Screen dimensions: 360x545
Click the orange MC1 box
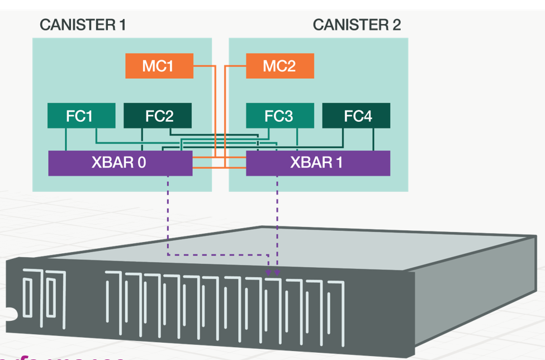[x=159, y=66]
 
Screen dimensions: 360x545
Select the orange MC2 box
[x=279, y=66]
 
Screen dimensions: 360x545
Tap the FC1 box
[x=82, y=116]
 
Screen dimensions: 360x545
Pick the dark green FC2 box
[x=157, y=116]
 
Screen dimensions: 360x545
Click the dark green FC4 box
[x=356, y=116]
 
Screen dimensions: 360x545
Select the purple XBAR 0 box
[x=120, y=163]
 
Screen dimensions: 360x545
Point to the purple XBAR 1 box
[x=318, y=163]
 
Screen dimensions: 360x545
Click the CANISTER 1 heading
[x=83, y=25]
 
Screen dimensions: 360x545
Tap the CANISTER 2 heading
[x=357, y=25]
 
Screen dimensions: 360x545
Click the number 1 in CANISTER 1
[x=122, y=25]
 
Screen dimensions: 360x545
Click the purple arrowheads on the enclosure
[x=273, y=272]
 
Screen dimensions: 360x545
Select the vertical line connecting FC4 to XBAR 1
[x=373, y=139]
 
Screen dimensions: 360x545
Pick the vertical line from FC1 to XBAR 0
[x=67, y=139]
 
